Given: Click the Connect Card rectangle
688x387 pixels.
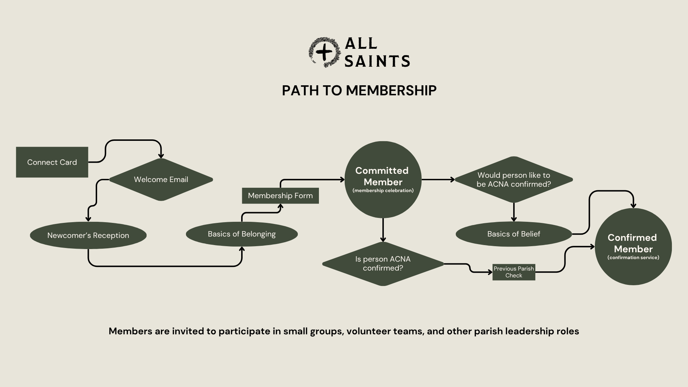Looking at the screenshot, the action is [52, 162].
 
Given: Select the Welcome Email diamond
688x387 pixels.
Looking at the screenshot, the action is [161, 180].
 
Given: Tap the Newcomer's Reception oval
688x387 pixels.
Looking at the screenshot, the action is [88, 235].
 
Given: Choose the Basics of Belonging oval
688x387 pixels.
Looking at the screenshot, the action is [242, 234].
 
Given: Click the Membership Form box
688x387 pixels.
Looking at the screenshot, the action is [280, 196].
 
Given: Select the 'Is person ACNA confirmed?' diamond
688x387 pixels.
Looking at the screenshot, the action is [383, 264].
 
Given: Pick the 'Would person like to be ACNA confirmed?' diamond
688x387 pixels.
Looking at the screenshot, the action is [513, 180].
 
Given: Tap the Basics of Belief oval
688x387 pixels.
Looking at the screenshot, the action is [513, 234].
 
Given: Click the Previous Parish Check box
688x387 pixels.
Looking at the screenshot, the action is [513, 272].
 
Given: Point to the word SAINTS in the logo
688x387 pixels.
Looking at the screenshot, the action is [377, 61].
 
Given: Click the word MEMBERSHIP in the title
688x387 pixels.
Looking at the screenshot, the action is [391, 91].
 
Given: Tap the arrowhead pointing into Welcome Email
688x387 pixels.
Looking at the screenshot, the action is [161, 156].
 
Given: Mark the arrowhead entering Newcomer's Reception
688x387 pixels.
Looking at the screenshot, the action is [88, 219].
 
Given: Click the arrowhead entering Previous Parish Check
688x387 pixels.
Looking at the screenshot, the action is [490, 272].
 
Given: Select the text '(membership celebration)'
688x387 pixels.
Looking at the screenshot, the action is [383, 191].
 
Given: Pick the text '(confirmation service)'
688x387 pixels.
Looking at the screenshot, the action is [633, 258].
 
